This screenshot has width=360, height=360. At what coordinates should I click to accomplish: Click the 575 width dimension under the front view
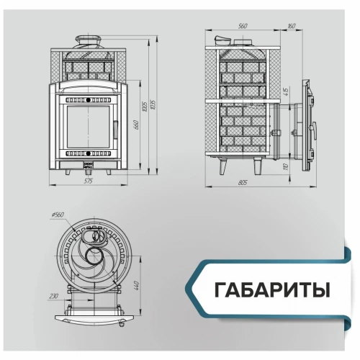point(89,181)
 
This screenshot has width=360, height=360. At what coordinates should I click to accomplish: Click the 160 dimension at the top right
point(290,26)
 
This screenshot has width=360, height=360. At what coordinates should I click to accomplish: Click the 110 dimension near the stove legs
point(286,167)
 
